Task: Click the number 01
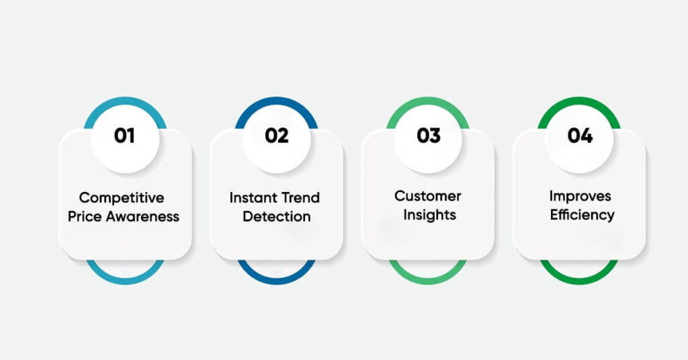pos(124,136)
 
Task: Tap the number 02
pos(276,136)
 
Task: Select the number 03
pos(428,136)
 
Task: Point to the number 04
pos(580,136)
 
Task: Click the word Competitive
pos(122,198)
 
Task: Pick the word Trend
pos(300,198)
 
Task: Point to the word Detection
pos(276,217)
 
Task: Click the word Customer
pos(428,196)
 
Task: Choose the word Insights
pos(428,215)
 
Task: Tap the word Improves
pos(580,196)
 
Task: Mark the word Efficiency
pos(582,215)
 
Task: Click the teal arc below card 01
pos(125,278)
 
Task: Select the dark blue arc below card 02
pos(276,278)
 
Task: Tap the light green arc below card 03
pos(428,278)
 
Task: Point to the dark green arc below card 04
pos(579,278)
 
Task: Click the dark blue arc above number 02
pos(276,101)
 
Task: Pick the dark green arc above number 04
pos(579,101)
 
